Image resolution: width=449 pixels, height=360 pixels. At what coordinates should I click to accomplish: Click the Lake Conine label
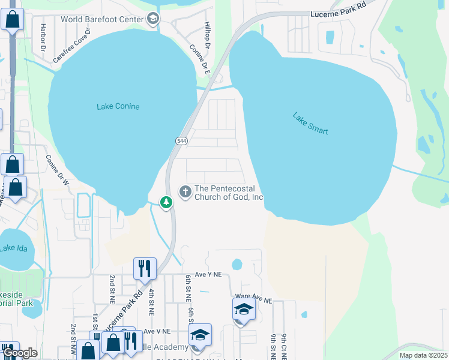pyautogui.click(x=118, y=107)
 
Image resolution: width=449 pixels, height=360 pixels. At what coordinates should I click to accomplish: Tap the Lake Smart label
pyautogui.click(x=311, y=123)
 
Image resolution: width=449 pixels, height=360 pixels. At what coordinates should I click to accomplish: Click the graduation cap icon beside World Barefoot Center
pyautogui.click(x=152, y=18)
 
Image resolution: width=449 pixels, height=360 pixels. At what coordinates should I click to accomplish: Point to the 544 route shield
pyautogui.click(x=181, y=140)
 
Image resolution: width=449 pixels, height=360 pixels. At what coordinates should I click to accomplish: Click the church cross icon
pyautogui.click(x=185, y=191)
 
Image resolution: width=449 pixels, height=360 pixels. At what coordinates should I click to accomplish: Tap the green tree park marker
pyautogui.click(x=166, y=203)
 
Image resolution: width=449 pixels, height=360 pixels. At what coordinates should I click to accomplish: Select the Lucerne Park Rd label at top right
pyautogui.click(x=339, y=13)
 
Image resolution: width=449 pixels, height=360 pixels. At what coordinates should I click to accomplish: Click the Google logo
pyautogui.click(x=20, y=353)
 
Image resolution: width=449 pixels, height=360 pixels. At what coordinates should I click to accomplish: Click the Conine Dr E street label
pyautogui.click(x=200, y=59)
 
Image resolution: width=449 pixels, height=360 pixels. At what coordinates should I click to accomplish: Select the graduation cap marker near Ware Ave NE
pyautogui.click(x=244, y=309)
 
